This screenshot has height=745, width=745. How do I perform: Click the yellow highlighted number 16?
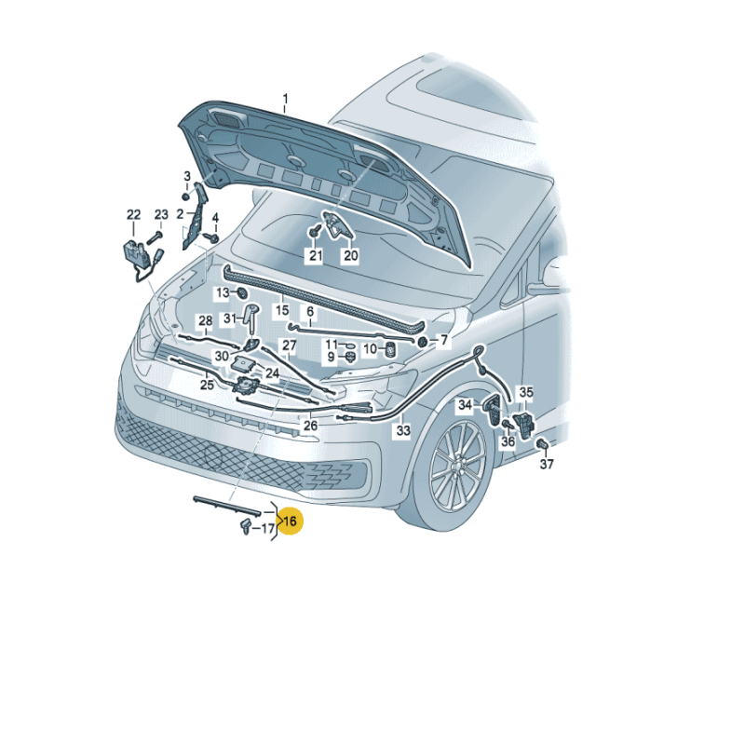coord(290,521)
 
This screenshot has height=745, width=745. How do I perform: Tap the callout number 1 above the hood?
coord(286,98)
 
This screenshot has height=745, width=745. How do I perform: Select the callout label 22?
coord(133,215)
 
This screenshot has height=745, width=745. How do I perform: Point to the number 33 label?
coord(402,431)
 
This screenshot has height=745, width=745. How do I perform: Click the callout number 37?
coord(547,464)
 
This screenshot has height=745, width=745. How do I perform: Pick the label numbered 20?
coord(350,256)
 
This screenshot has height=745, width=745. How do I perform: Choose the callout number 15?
coord(281,309)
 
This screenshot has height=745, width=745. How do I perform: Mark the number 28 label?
coord(205,321)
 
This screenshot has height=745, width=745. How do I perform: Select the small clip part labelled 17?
coord(244,528)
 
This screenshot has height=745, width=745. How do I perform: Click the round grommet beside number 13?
coord(242,293)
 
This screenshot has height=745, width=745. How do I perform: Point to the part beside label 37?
coord(541,445)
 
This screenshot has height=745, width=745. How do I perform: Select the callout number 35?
coord(526,393)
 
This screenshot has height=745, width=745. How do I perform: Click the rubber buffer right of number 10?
coord(391,349)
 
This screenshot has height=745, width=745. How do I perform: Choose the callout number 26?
coord(310,426)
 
